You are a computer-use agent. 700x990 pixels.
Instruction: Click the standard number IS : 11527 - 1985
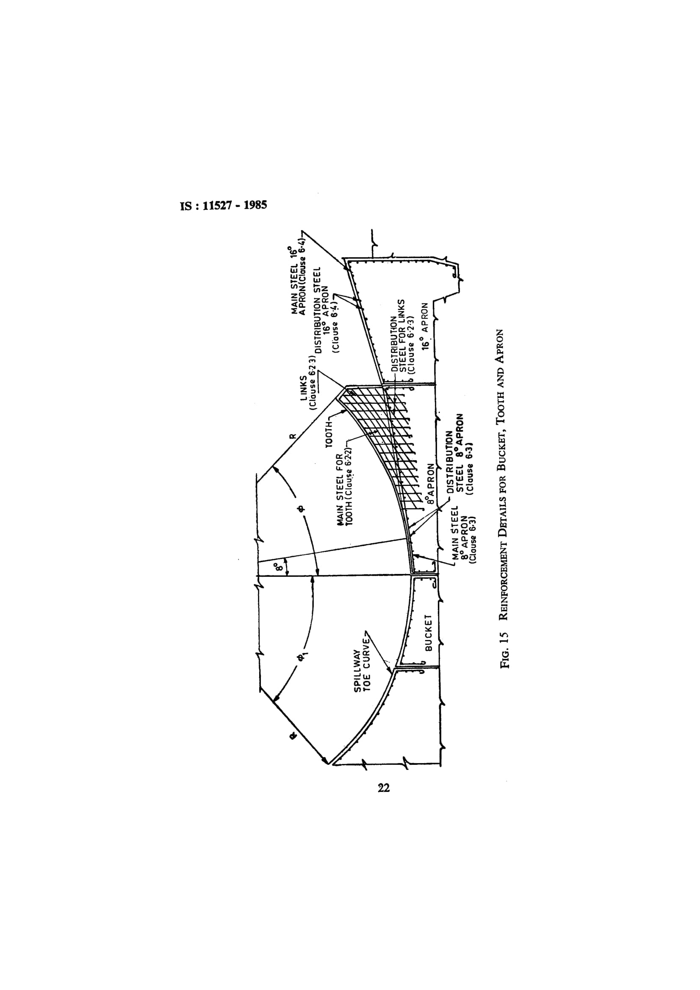tap(224, 205)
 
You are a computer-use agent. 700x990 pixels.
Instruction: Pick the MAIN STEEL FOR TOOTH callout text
tap(345, 490)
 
